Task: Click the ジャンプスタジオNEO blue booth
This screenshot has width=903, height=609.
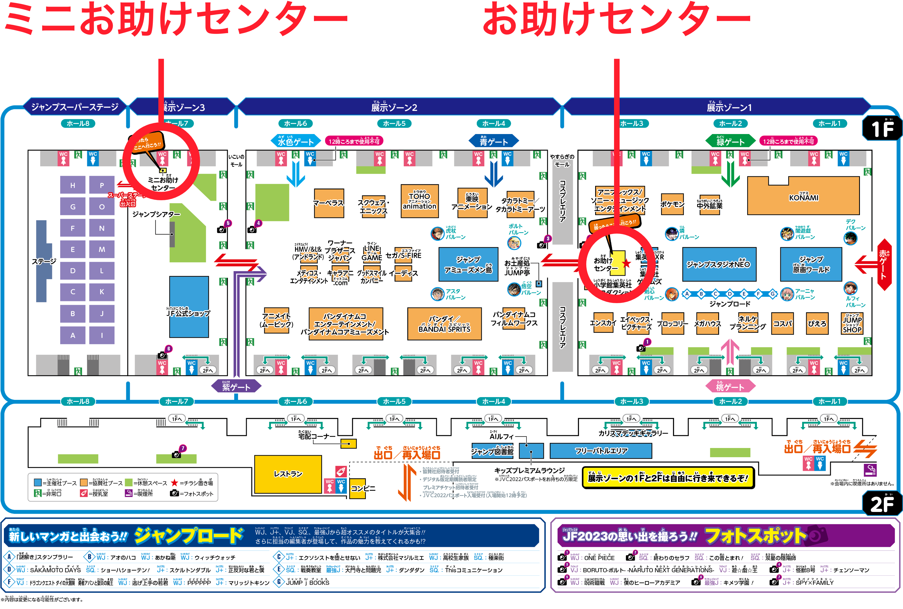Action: [719, 264]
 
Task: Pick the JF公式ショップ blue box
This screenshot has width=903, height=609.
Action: [189, 307]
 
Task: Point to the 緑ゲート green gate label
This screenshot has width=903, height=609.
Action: [730, 141]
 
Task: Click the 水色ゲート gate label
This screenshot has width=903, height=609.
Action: [296, 141]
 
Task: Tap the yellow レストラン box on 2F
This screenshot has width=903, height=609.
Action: [288, 474]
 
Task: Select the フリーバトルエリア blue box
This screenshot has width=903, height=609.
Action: [601, 450]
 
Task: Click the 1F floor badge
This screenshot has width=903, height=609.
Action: [882, 129]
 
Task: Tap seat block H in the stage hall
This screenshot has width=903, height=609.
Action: [73, 185]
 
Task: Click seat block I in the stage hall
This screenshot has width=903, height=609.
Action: [102, 335]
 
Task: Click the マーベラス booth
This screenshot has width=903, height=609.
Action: [329, 203]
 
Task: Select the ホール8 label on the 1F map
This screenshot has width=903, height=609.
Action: [78, 123]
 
